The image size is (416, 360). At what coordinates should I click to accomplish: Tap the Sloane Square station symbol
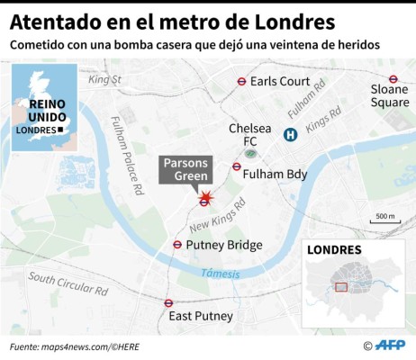click(x=393, y=79)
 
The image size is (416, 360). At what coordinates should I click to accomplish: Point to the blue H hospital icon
click(x=291, y=135)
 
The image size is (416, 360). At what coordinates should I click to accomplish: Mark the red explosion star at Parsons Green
click(x=207, y=196)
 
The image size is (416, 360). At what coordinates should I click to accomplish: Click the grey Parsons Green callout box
click(x=185, y=169)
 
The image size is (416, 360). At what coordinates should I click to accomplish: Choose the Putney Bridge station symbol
click(x=177, y=245)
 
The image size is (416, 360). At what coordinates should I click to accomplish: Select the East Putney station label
click(x=201, y=316)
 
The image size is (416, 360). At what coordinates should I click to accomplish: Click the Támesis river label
click(x=219, y=273)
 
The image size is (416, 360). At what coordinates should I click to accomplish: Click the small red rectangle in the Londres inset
click(x=340, y=287)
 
